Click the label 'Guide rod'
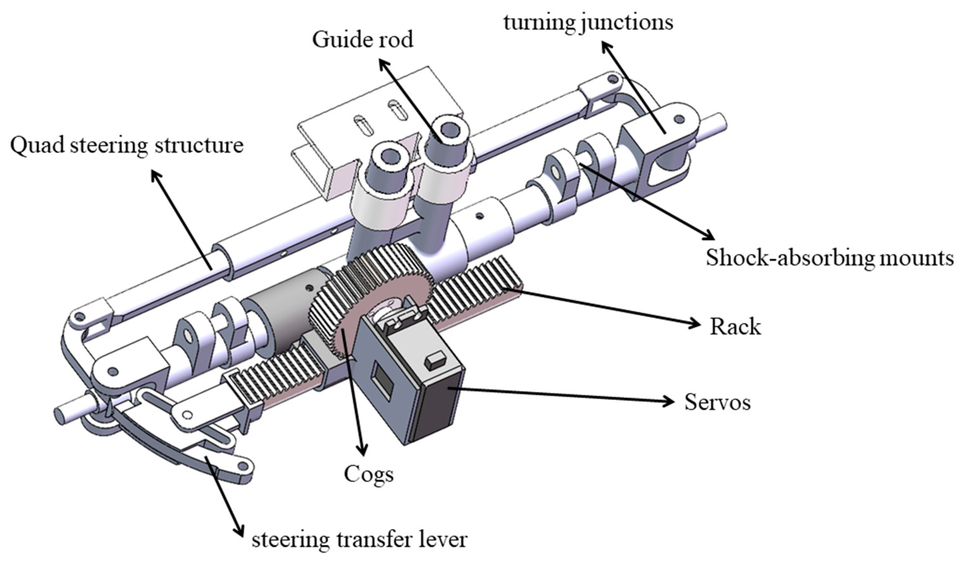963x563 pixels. [362, 40]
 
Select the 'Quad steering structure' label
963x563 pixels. [127, 146]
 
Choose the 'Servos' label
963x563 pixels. [717, 402]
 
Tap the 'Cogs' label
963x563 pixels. [368, 474]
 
